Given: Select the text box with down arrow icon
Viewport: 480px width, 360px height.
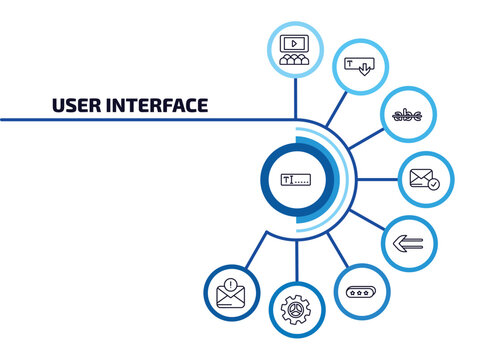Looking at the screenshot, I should [x=357, y=66].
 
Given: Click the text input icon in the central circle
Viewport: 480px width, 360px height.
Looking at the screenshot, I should [x=296, y=180].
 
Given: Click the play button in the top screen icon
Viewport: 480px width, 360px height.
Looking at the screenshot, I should [x=294, y=43].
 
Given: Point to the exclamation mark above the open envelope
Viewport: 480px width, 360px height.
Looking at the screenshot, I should [x=232, y=283].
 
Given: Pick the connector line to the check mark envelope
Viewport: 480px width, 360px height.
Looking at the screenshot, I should [x=375, y=180].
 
